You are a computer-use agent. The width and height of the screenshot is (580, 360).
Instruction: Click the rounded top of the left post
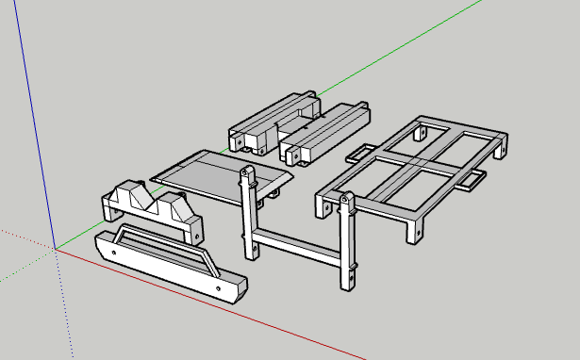click(247, 174)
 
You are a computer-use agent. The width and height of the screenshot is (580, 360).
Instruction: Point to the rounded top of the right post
click(346, 200)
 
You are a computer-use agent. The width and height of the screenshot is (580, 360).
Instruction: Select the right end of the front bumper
click(232, 286)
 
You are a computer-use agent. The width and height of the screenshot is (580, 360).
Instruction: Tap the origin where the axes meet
click(56, 249)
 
